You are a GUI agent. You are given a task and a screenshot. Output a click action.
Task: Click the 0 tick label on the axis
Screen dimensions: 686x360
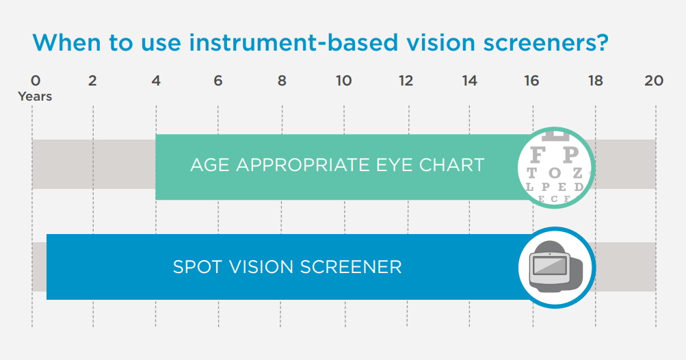click(36, 81)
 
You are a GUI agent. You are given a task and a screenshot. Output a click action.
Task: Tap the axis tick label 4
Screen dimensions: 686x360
click(156, 81)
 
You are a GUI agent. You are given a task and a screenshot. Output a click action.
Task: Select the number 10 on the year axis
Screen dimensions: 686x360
click(344, 81)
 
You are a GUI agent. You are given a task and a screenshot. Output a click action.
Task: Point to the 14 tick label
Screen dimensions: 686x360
click(469, 81)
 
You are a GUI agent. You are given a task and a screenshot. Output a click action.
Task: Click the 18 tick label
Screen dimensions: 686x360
click(596, 81)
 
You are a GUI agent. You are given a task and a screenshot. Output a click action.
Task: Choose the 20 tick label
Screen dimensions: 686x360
click(654, 81)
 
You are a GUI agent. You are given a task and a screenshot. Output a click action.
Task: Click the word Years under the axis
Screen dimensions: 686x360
click(35, 97)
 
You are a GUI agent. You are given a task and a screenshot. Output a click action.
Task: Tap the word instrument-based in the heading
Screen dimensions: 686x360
click(293, 42)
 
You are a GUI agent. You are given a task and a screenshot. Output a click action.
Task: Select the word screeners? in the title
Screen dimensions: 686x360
click(546, 43)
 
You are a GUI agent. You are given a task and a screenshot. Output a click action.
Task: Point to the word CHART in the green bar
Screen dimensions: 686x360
click(451, 165)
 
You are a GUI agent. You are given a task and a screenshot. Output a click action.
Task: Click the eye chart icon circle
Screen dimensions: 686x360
click(555, 168)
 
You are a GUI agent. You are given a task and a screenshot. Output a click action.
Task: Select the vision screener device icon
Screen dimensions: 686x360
click(555, 266)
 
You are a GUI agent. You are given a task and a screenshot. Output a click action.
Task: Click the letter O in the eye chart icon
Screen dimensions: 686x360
click(554, 173)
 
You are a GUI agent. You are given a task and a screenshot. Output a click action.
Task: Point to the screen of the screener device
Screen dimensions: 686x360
click(549, 266)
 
